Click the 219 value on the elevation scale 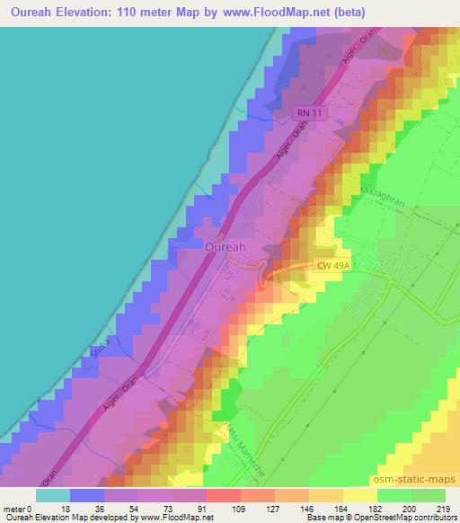click(x=445, y=509)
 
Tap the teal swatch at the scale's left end click(x=53, y=495)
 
